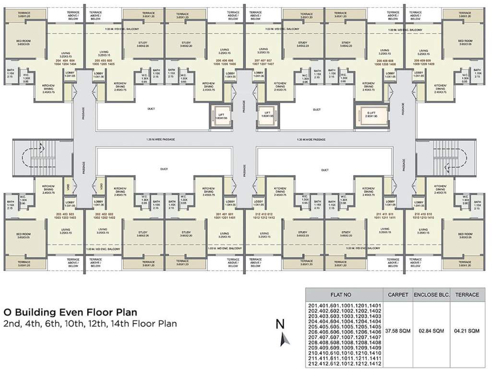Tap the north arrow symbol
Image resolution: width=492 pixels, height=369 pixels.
pyautogui.click(x=285, y=339)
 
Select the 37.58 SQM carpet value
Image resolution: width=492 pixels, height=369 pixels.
pyautogui.click(x=398, y=331)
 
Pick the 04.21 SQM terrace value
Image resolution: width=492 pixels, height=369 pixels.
pyautogui.click(x=467, y=331)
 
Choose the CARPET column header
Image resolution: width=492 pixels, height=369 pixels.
pyautogui.click(x=398, y=295)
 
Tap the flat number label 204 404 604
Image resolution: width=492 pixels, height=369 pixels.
pyautogui.click(x=66, y=61)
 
